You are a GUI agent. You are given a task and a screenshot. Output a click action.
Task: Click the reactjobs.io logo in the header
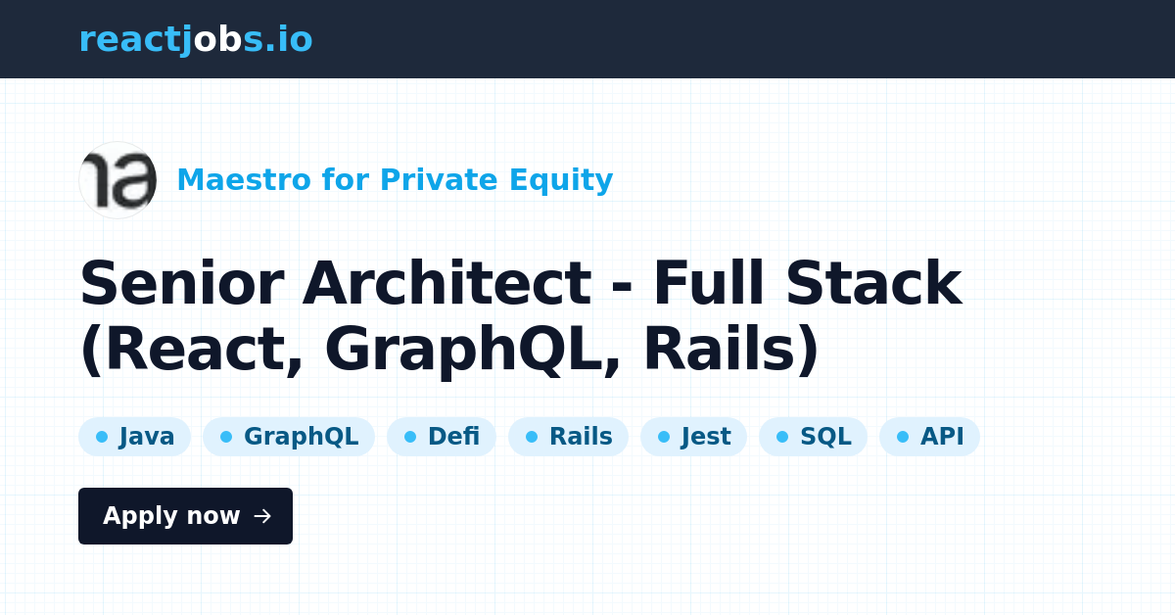pyautogui.click(x=196, y=39)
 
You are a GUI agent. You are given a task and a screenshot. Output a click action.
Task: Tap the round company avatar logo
pyautogui.click(x=117, y=180)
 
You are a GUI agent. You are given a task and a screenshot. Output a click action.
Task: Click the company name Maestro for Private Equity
pyautogui.click(x=395, y=180)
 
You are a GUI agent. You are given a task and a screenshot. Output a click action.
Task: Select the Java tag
pyautogui.click(x=134, y=437)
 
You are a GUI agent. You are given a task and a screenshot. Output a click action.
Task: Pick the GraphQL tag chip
pyautogui.click(x=289, y=437)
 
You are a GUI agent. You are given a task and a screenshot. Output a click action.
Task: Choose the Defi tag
pyautogui.click(x=442, y=437)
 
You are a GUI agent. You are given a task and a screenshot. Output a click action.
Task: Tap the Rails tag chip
pyautogui.click(x=568, y=437)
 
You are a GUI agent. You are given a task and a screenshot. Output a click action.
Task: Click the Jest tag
pyautogui.click(x=693, y=437)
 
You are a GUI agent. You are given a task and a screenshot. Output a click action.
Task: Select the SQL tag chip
pyautogui.click(x=813, y=437)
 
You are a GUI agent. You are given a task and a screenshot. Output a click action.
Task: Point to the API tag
pyautogui.click(x=929, y=437)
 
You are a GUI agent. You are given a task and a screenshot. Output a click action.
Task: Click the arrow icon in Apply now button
pyautogui.click(x=262, y=516)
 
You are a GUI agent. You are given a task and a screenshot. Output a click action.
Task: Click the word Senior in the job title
pyautogui.click(x=182, y=283)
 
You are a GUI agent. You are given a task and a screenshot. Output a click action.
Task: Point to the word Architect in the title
pyautogui.click(x=446, y=283)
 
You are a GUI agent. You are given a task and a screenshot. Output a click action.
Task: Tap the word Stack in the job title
pyautogui.click(x=873, y=283)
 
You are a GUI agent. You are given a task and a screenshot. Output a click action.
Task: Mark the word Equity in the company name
pyautogui.click(x=561, y=181)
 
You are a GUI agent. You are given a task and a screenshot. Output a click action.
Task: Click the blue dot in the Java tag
pyautogui.click(x=102, y=437)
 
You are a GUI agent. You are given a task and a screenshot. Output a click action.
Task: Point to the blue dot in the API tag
pyautogui.click(x=903, y=437)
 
